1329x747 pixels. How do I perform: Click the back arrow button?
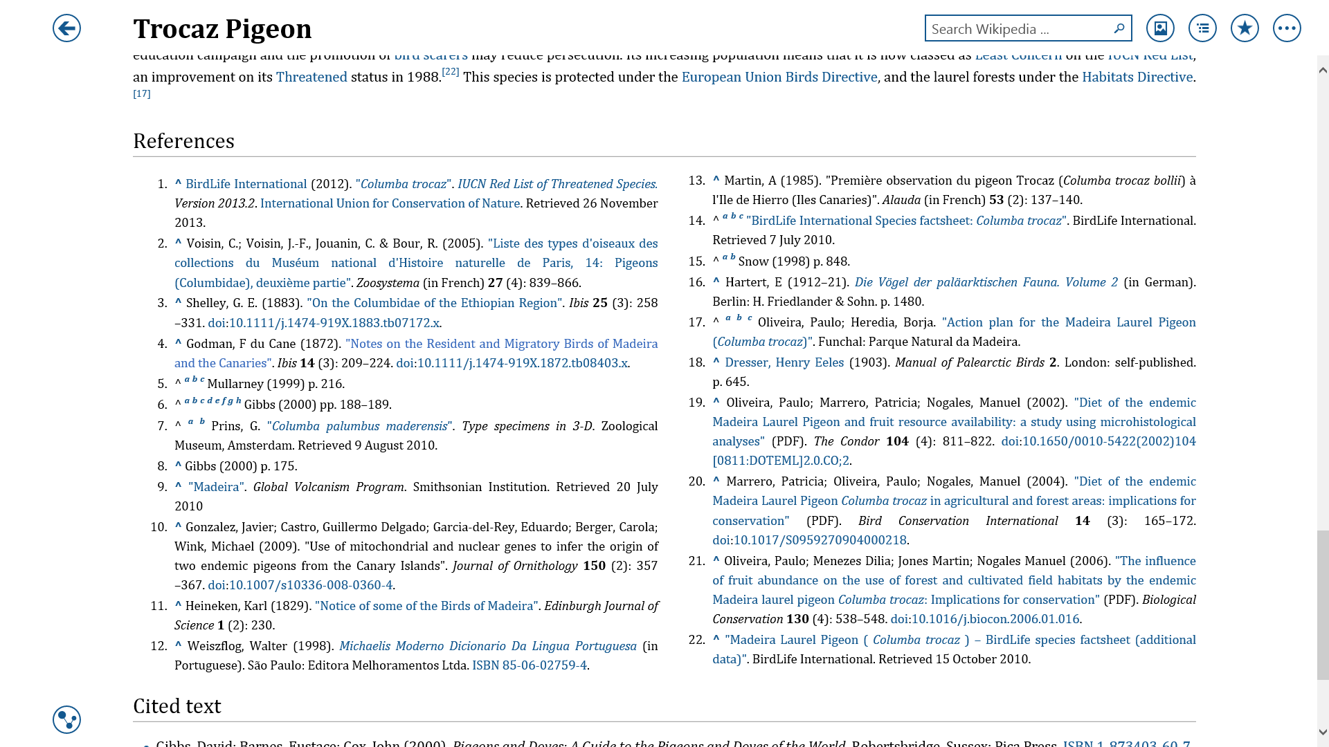[x=66, y=28]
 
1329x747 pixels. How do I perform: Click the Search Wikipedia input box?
[x=1018, y=29]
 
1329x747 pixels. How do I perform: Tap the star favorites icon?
[x=1245, y=28]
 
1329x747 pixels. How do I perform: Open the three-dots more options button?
[x=1287, y=28]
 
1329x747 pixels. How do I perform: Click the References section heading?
[x=183, y=141]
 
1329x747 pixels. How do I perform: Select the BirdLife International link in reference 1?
[x=246, y=184]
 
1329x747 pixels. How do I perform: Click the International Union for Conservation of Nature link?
[x=390, y=203]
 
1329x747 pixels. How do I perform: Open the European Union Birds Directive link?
[x=779, y=77]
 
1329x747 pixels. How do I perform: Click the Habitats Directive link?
[x=1137, y=77]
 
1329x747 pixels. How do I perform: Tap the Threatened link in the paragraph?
[x=311, y=77]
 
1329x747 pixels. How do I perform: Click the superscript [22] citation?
[x=450, y=72]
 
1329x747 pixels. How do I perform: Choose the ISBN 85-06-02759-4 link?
[x=530, y=665]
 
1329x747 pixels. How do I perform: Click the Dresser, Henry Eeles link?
[x=784, y=362]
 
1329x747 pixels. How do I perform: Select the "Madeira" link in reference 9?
[x=216, y=487]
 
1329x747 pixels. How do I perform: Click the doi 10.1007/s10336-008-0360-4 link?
[x=311, y=585]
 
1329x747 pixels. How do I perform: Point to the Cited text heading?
[x=177, y=706]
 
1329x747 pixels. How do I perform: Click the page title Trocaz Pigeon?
[x=222, y=29]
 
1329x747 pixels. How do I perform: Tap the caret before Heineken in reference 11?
[x=178, y=605]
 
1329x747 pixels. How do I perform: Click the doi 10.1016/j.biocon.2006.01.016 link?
[x=995, y=619]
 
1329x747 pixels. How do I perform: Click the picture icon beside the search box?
[x=1160, y=28]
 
